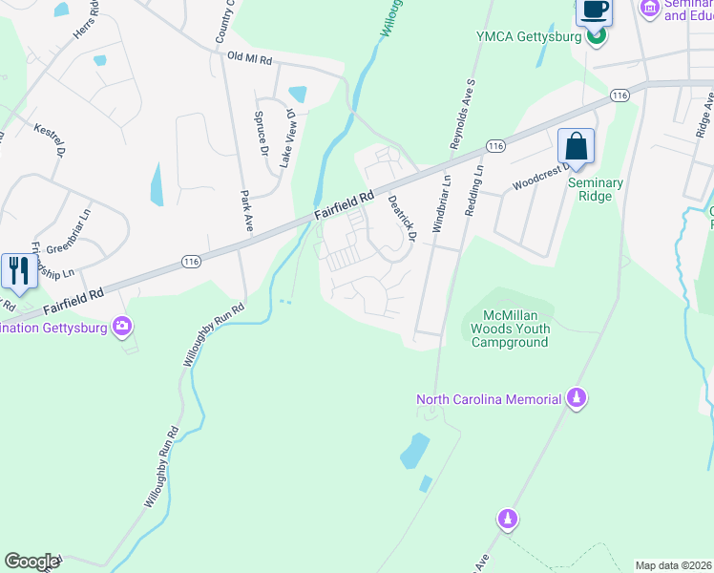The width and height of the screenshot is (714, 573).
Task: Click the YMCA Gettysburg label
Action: pos(528,37)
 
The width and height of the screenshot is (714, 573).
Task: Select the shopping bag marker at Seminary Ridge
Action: pos(576,148)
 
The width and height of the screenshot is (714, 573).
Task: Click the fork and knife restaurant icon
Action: pos(18,270)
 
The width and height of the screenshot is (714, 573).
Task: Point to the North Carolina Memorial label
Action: pos(487,399)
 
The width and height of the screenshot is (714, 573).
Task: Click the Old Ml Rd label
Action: pos(250,57)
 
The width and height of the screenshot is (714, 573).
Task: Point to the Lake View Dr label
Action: pos(286,138)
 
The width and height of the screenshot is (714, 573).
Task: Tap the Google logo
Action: pos(31,562)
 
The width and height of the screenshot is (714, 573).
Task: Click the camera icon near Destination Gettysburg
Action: pos(122,327)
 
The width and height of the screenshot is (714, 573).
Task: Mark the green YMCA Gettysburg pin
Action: pos(596,37)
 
